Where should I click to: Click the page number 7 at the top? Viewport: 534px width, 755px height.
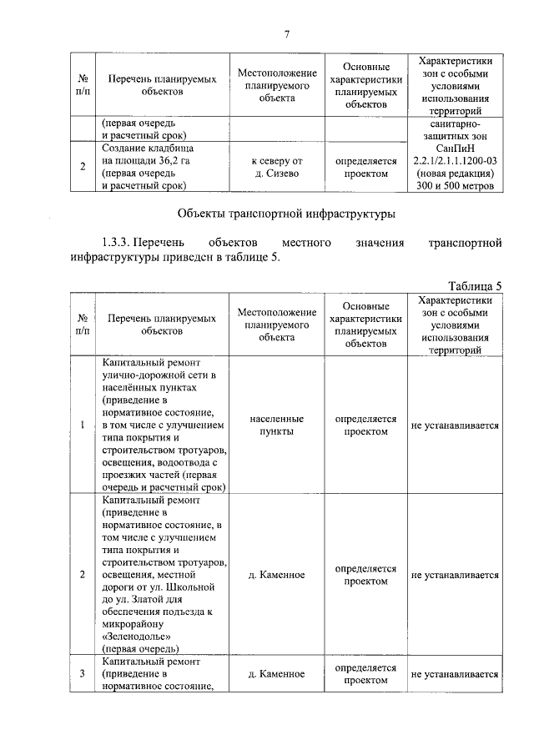(x=286, y=34)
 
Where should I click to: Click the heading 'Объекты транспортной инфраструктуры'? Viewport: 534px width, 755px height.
(x=287, y=214)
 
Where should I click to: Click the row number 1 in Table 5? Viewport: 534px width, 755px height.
(x=82, y=425)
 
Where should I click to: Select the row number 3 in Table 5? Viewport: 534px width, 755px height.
(x=82, y=674)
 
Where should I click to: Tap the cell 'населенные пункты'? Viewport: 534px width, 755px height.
(x=276, y=425)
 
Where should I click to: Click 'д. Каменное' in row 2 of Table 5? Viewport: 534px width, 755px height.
(x=276, y=575)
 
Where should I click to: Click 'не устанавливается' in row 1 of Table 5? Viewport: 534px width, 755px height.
(x=455, y=425)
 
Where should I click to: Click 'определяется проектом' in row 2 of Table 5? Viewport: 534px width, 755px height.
(x=365, y=575)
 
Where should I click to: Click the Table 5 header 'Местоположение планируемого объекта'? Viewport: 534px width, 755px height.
(x=276, y=325)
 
